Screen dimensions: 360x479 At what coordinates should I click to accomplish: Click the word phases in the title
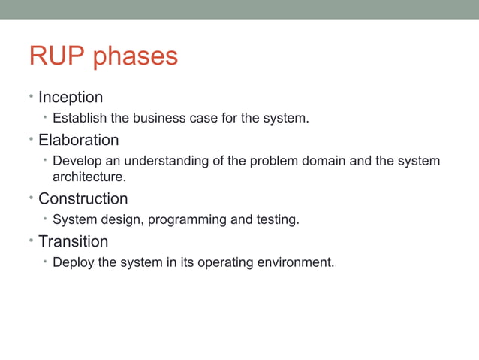pyautogui.click(x=136, y=59)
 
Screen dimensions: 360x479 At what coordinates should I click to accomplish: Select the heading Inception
pyautogui.click(x=71, y=98)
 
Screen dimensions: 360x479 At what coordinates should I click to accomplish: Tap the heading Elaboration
pyautogui.click(x=78, y=141)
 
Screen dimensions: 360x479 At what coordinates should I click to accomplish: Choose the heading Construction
pyautogui.click(x=83, y=199)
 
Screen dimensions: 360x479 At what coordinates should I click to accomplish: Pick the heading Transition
pyautogui.click(x=73, y=242)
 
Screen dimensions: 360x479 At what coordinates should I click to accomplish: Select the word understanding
pyautogui.click(x=165, y=162)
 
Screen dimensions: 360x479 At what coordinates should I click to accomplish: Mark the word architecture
pyautogui.click(x=88, y=177)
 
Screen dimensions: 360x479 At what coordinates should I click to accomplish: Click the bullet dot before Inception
pyautogui.click(x=31, y=97)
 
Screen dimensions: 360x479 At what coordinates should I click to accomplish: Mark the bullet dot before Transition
pyautogui.click(x=31, y=241)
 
